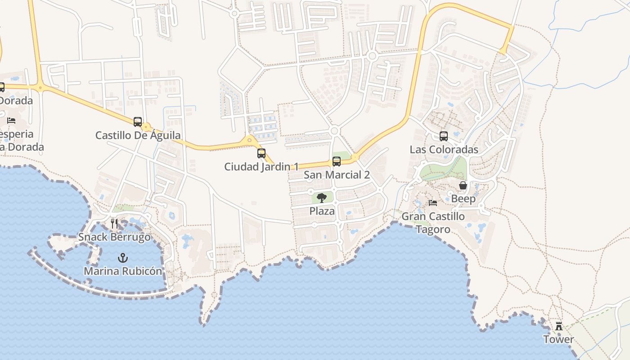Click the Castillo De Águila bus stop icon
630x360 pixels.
pos(138,121)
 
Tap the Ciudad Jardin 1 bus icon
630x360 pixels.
pos(261,153)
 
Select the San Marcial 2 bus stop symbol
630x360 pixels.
pos(337,161)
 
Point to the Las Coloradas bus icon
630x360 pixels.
pos(444,136)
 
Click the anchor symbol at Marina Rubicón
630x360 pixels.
pos(122,258)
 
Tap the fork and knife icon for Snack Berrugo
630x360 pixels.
pos(114,224)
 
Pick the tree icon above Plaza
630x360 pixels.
pos(322,198)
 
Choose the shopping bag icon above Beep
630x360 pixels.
pos(463,185)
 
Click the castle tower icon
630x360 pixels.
pos(559,326)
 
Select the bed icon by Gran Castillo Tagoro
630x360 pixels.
pos(433,202)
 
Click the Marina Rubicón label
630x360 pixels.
pos(123,271)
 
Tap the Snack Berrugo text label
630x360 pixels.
pos(115,237)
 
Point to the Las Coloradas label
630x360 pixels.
pos(444,149)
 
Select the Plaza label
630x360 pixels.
pos(322,211)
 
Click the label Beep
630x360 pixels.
pos(463,198)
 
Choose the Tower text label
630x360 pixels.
pos(559,339)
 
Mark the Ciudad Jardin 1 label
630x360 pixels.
pos(261,166)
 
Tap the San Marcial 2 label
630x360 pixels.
pos(337,175)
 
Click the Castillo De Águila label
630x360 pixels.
pos(138,135)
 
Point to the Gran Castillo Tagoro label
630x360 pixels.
pos(433,223)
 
